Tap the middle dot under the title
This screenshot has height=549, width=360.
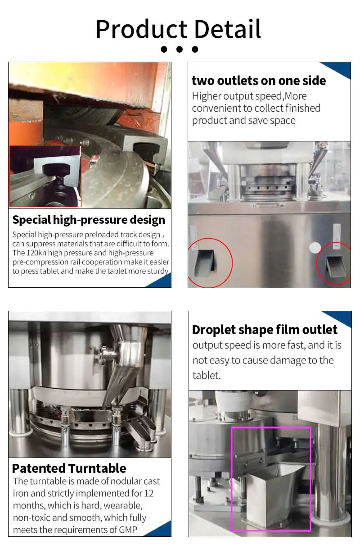click(x=179, y=49)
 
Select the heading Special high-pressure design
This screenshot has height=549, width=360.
click(x=89, y=220)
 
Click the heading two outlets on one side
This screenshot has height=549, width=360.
click(x=259, y=81)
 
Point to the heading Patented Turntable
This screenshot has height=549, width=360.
click(x=69, y=468)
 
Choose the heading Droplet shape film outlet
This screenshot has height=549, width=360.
click(x=265, y=330)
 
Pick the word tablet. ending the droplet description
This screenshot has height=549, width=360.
click(x=206, y=375)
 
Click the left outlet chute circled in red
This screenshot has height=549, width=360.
click(x=204, y=264)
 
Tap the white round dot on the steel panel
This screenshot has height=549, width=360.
click(x=315, y=247)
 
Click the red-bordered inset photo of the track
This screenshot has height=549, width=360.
click(x=45, y=176)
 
